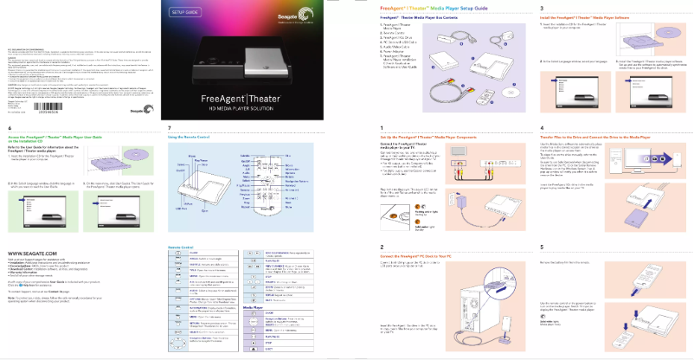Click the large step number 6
tap(10, 128)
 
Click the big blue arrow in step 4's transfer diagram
tap(641, 162)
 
